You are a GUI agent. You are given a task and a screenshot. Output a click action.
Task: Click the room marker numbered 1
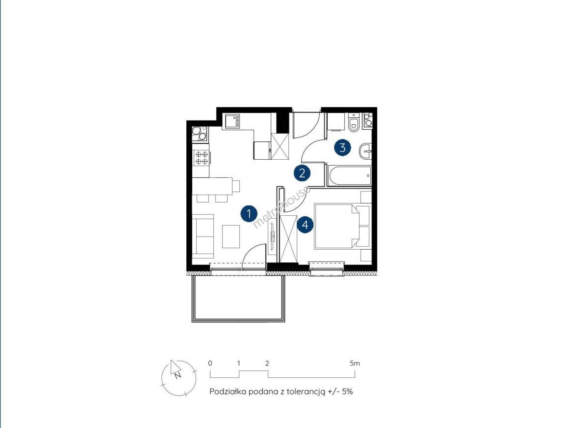(249, 214)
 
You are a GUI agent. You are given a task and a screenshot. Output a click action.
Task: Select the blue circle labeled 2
(302, 173)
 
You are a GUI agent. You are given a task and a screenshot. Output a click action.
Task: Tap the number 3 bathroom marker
(342, 148)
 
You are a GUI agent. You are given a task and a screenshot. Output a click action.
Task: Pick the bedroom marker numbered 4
(305, 225)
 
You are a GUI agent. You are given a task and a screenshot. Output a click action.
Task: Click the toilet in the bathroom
(353, 123)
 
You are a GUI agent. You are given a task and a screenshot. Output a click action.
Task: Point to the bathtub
(351, 176)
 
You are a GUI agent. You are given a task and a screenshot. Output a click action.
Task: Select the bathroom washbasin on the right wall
(365, 151)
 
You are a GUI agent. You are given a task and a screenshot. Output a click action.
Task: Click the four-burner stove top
(201, 158)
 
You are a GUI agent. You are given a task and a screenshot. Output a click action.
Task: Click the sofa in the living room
(203, 236)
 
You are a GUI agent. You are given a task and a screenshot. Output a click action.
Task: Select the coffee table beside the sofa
(231, 236)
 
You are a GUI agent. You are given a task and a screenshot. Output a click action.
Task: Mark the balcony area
(238, 298)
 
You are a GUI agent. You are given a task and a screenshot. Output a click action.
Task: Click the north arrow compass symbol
(178, 378)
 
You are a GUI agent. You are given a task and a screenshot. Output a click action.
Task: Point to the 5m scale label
(355, 363)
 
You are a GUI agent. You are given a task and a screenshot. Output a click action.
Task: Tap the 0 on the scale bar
(210, 363)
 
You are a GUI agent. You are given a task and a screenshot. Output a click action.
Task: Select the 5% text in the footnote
(347, 391)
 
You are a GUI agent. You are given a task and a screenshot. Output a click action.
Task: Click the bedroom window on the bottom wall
(326, 269)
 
